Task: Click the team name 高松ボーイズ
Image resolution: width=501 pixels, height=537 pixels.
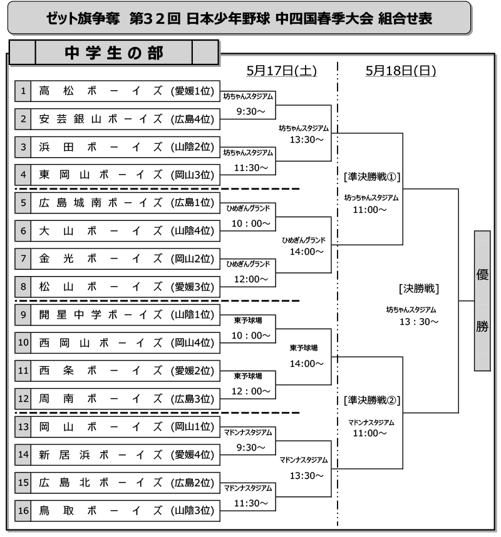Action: (x=100, y=91)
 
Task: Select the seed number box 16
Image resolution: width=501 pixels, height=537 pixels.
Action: (x=23, y=511)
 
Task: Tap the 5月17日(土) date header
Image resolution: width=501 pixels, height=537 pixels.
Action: (x=281, y=71)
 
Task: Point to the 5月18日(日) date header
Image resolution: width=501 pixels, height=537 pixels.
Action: (x=401, y=71)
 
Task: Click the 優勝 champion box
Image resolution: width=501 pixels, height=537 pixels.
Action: (x=482, y=300)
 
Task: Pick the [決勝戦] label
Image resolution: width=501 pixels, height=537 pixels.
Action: (x=419, y=289)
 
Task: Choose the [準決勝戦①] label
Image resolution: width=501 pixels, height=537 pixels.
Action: (x=372, y=176)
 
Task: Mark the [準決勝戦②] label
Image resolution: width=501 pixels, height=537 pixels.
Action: (x=372, y=400)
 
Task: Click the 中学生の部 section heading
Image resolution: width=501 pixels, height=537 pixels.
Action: (x=114, y=53)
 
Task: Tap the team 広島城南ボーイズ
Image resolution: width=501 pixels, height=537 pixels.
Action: (x=100, y=203)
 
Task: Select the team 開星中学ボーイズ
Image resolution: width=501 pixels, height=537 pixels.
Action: (x=100, y=315)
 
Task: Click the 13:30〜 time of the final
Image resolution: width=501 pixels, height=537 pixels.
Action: (x=419, y=322)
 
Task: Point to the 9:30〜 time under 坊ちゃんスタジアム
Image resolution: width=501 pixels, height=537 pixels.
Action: (x=250, y=111)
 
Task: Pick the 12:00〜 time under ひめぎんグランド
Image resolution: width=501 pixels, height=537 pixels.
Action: (x=250, y=279)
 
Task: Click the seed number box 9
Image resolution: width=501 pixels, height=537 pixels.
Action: (x=23, y=315)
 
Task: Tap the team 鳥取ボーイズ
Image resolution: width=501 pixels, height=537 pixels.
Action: (x=100, y=511)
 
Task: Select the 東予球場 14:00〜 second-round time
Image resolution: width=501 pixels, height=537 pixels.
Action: (x=306, y=364)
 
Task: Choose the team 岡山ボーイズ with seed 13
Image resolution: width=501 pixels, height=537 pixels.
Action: (x=100, y=427)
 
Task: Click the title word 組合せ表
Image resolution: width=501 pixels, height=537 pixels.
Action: (x=405, y=18)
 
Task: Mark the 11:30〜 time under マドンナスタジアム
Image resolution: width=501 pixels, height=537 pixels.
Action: (x=250, y=503)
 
